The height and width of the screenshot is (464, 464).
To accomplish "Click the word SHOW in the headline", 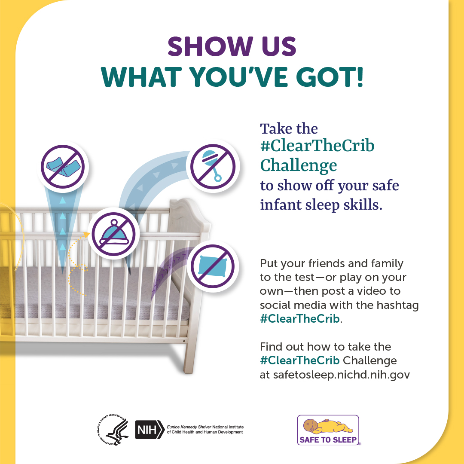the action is point(210,46).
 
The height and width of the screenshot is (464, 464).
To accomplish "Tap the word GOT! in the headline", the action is point(330,77).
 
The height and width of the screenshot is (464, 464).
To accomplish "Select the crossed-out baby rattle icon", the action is point(213,166).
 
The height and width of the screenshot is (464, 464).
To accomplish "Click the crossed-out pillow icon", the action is point(213,266).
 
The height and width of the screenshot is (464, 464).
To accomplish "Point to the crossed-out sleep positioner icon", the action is point(63,167).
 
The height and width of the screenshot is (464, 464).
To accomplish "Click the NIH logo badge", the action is point(150,429).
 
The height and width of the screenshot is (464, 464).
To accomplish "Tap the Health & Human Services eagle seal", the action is point(113,430).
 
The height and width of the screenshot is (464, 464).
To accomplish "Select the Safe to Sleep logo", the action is point(329,430).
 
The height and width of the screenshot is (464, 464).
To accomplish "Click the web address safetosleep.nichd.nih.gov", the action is point(342,375).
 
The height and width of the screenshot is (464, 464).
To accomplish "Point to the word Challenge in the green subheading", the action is point(299,165).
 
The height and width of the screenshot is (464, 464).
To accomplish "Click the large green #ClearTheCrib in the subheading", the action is point(317,145).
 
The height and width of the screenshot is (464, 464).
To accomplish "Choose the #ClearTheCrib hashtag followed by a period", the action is point(301,319).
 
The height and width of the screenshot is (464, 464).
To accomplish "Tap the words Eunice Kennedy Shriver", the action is point(189,427).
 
